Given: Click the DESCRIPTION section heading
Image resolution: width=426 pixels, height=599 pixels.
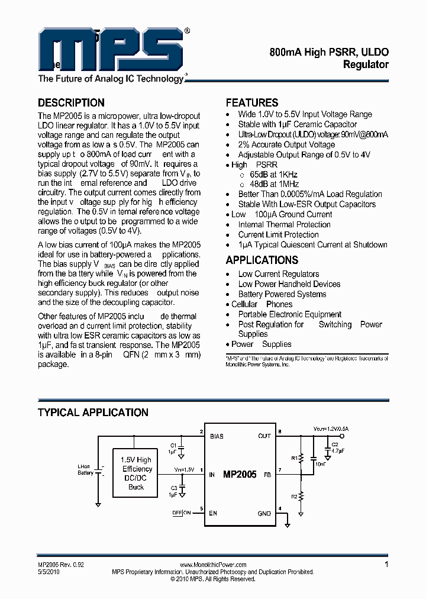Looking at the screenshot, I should pyautogui.click(x=71, y=102).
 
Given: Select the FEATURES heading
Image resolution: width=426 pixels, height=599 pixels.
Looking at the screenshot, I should pyautogui.click(x=251, y=102).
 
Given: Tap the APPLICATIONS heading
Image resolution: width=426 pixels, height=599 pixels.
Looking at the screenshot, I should pyautogui.click(x=262, y=260).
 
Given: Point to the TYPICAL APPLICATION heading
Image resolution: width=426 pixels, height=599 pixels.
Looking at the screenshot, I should pyautogui.click(x=93, y=413).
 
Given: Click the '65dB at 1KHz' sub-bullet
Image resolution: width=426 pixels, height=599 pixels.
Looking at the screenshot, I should pyautogui.click(x=273, y=175).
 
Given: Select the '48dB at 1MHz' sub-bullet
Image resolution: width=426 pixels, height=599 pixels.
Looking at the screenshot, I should pyautogui.click(x=273, y=184).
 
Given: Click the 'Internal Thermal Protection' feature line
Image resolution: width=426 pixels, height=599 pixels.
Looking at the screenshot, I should pyautogui.click(x=284, y=224).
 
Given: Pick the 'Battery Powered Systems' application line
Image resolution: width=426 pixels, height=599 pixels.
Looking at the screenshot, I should pyautogui.click(x=282, y=294).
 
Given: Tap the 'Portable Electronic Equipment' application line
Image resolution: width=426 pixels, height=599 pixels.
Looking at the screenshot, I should pyautogui.click(x=289, y=314).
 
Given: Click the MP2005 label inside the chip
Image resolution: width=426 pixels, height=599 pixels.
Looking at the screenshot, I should pyautogui.click(x=240, y=474).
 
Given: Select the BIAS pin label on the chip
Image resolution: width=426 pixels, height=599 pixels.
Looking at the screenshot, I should pyautogui.click(x=217, y=436).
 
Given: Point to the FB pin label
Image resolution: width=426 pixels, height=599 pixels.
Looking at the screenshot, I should pyautogui.click(x=267, y=474).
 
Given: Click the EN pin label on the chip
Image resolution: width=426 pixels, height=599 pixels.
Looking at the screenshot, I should pyautogui.click(x=213, y=513).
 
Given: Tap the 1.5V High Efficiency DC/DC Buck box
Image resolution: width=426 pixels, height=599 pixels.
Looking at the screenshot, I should pyautogui.click(x=136, y=474).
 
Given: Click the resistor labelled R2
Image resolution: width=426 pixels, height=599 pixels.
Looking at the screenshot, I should pyautogui.click(x=301, y=496).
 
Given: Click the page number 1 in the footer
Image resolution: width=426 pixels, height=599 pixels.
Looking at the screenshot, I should pyautogui.click(x=386, y=565).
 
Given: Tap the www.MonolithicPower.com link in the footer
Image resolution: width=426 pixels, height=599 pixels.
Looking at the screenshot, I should pyautogui.click(x=212, y=565).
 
